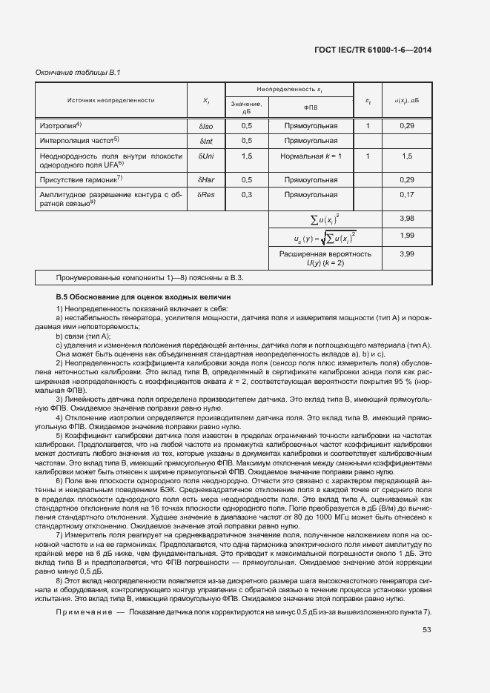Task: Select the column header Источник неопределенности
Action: [x=110, y=99]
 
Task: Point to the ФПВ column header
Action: [x=311, y=107]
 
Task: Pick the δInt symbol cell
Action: [x=205, y=140]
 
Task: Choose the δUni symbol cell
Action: [x=205, y=156]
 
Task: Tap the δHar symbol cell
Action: [x=205, y=179]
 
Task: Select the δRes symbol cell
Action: [x=205, y=195]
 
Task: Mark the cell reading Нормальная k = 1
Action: [x=311, y=156]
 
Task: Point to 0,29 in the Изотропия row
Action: [x=405, y=125]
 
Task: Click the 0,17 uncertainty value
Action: [x=405, y=195]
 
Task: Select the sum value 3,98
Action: [x=405, y=218]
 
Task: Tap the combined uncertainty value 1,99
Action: [x=405, y=235]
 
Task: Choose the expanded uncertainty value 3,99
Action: [x=405, y=253]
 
